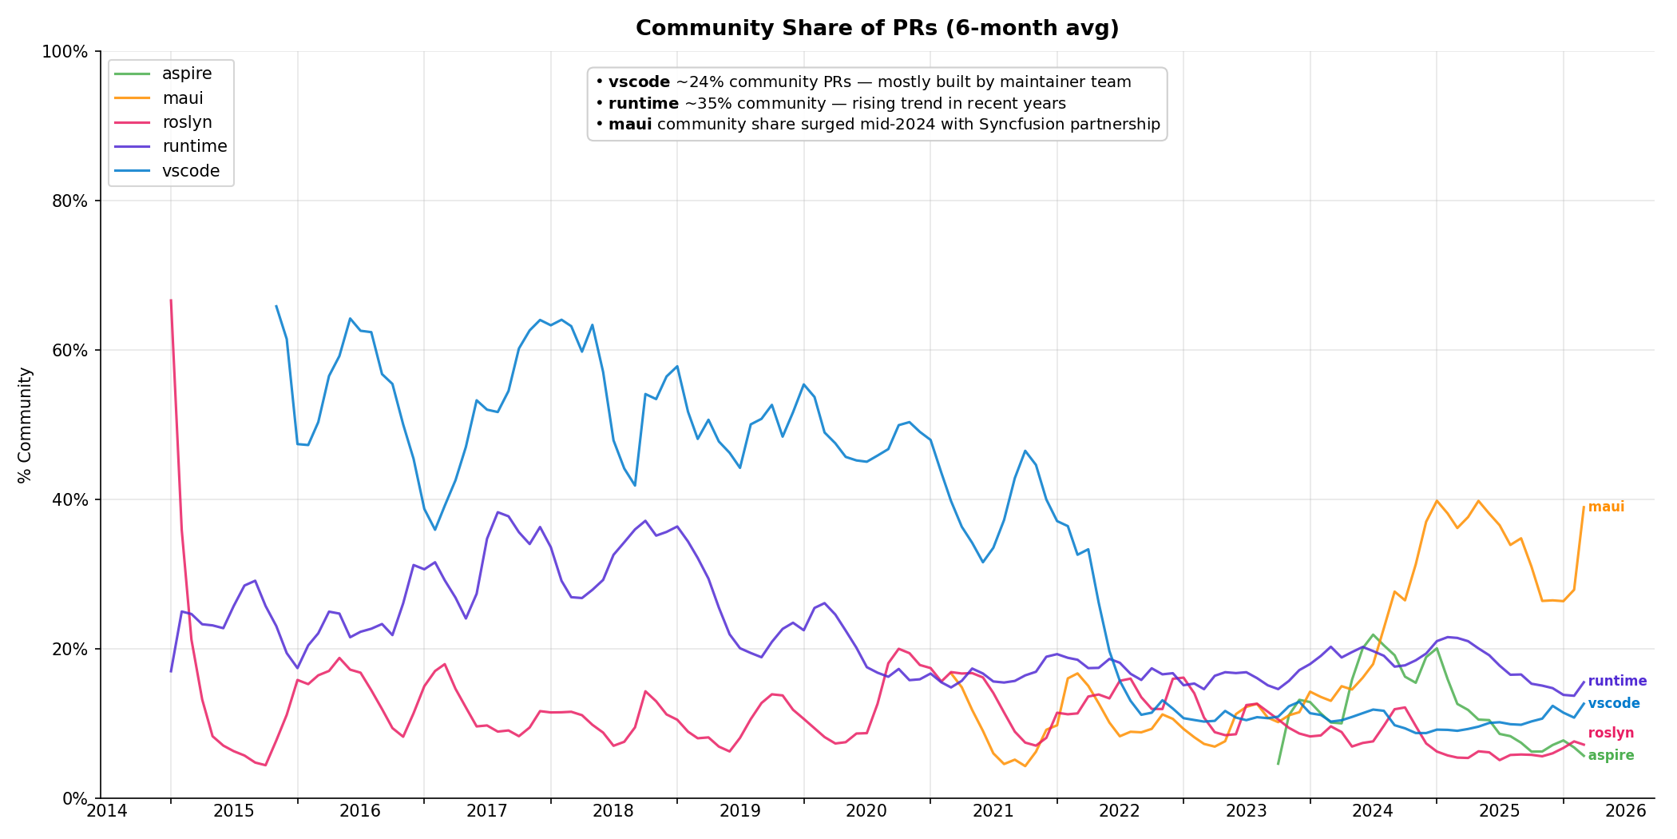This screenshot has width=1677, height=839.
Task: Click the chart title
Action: point(877,29)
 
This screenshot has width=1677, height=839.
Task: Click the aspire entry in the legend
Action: point(187,74)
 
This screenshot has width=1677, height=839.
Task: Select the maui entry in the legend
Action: point(182,98)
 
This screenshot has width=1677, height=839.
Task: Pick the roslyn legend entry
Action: point(187,122)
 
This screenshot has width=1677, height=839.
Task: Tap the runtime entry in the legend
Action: point(194,146)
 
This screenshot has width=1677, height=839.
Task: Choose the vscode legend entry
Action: point(190,171)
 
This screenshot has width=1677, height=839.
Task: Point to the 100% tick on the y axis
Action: point(64,52)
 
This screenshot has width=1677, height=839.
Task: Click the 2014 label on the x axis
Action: point(107,812)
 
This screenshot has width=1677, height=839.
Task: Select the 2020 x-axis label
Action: point(866,812)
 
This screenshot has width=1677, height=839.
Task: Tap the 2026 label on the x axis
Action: point(1626,812)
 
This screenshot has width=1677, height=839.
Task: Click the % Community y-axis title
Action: point(25,425)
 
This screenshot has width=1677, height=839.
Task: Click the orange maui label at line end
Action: point(1606,507)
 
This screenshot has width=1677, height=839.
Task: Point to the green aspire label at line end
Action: point(1611,756)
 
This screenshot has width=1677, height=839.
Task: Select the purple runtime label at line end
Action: point(1617,682)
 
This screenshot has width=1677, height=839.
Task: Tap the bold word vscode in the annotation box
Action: point(639,82)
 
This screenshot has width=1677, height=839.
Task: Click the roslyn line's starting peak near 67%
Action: point(171,301)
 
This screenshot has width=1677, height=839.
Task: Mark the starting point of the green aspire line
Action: point(1278,764)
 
